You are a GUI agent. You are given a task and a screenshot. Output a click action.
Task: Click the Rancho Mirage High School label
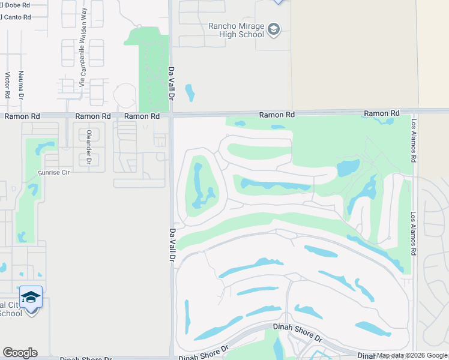[x=236, y=30]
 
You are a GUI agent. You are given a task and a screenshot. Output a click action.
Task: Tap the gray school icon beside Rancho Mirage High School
[x=274, y=29]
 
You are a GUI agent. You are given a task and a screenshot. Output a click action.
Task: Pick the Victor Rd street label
[x=8, y=85]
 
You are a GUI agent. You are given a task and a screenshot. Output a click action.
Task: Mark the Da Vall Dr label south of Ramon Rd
[x=172, y=245]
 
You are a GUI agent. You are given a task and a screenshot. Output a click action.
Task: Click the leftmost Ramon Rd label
[x=22, y=116]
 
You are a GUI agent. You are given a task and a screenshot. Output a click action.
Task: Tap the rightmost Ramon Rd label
[x=381, y=113]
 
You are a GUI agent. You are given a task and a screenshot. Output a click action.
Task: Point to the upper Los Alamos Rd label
[x=413, y=140]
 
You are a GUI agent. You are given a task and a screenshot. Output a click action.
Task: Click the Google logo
[x=20, y=353]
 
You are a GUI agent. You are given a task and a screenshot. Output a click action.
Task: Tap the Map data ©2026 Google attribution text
[x=412, y=355]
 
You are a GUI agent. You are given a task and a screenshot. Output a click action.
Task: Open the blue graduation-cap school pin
[x=31, y=297]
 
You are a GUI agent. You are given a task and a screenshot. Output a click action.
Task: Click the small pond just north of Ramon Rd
[x=190, y=92]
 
